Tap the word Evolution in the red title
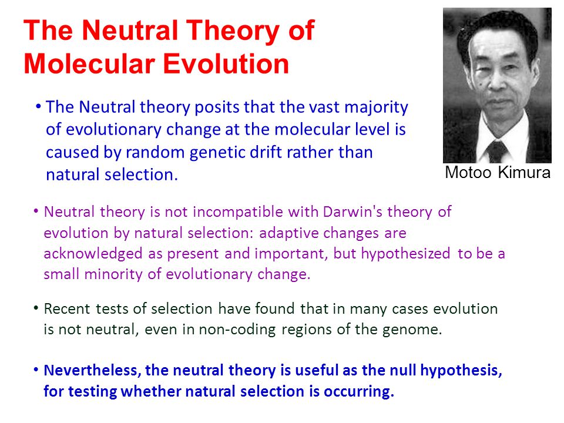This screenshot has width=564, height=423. [x=226, y=64]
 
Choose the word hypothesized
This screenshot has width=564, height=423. [x=405, y=254]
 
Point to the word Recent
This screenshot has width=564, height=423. [x=67, y=309]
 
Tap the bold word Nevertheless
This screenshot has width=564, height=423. [x=92, y=371]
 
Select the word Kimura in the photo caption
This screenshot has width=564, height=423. [x=524, y=172]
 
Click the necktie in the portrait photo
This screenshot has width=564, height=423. [x=497, y=152]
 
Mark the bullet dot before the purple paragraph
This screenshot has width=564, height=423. [x=36, y=211]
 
